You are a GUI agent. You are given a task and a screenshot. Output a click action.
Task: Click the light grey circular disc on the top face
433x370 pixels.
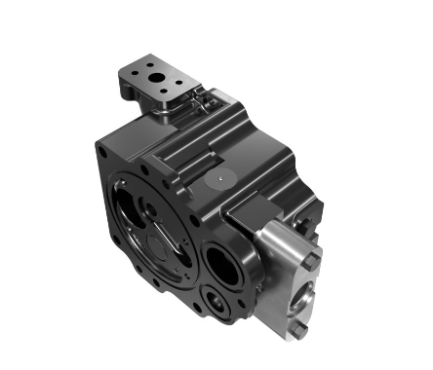(220, 181)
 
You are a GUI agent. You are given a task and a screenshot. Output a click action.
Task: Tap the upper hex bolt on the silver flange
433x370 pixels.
(309, 261)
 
